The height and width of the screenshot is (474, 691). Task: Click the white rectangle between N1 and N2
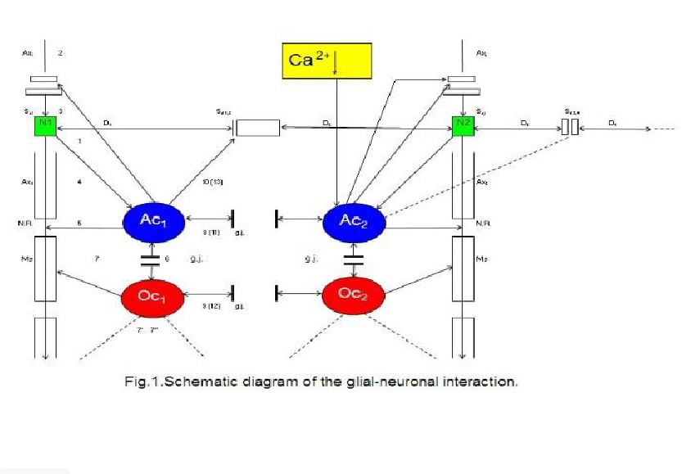(x=257, y=128)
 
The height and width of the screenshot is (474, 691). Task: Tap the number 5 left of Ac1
(x=79, y=223)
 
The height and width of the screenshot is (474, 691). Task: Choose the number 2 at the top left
(x=60, y=53)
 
